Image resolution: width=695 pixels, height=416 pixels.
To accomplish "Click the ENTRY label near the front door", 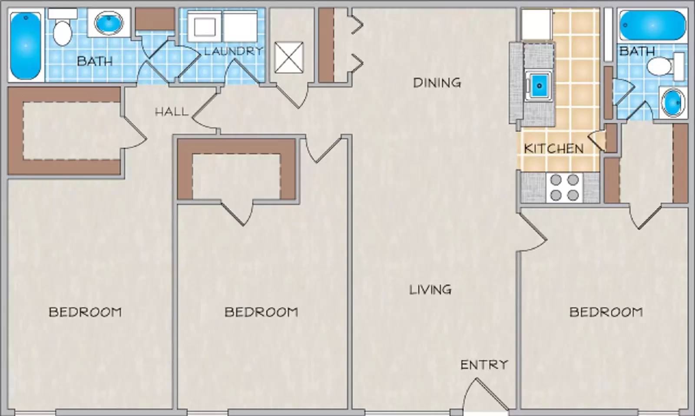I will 484,365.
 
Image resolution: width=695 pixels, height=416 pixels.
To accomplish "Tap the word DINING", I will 437,83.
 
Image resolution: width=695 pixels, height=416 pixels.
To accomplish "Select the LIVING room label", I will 430,289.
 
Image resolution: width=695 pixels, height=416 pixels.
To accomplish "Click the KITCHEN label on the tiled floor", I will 553,149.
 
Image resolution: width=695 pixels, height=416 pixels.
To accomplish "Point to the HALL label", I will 172,112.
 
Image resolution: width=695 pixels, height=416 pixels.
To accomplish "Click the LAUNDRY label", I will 233,51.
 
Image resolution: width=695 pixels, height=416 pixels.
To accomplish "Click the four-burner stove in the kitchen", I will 564,187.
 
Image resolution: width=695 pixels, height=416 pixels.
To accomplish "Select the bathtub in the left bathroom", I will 26,46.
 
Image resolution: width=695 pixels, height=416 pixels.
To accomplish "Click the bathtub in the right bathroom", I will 652,25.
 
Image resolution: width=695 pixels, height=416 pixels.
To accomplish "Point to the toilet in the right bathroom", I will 662,67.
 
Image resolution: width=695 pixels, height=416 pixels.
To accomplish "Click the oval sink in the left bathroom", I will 109,23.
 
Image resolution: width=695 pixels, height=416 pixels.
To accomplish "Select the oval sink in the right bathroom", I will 673,103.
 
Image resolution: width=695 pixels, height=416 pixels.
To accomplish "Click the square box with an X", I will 289,57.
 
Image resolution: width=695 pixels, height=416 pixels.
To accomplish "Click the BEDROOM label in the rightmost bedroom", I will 606,312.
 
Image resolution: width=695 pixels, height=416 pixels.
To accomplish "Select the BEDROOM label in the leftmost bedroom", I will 85,312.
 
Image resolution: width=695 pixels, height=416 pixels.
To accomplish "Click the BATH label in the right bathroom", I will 637,51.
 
